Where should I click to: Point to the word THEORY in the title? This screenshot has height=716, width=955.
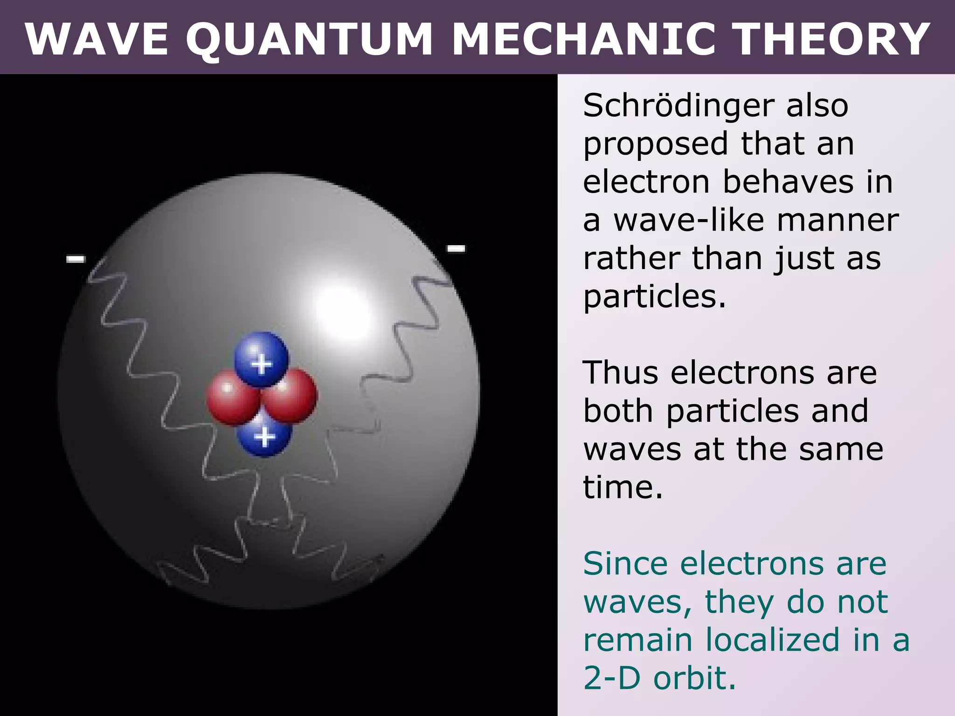click(834, 40)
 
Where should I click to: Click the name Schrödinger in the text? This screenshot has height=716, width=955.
click(678, 106)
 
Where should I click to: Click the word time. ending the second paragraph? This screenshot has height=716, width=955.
click(623, 488)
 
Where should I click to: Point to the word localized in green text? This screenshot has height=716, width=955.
click(772, 640)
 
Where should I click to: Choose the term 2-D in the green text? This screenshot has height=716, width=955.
click(612, 678)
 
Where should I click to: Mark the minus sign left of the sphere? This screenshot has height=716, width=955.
click(76, 259)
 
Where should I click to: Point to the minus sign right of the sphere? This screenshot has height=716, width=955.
click(456, 248)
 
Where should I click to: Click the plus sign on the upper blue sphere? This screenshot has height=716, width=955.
click(261, 365)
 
